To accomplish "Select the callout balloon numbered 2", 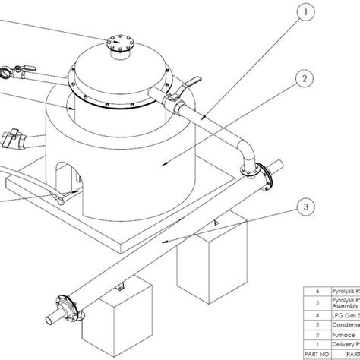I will [x=304, y=79].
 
